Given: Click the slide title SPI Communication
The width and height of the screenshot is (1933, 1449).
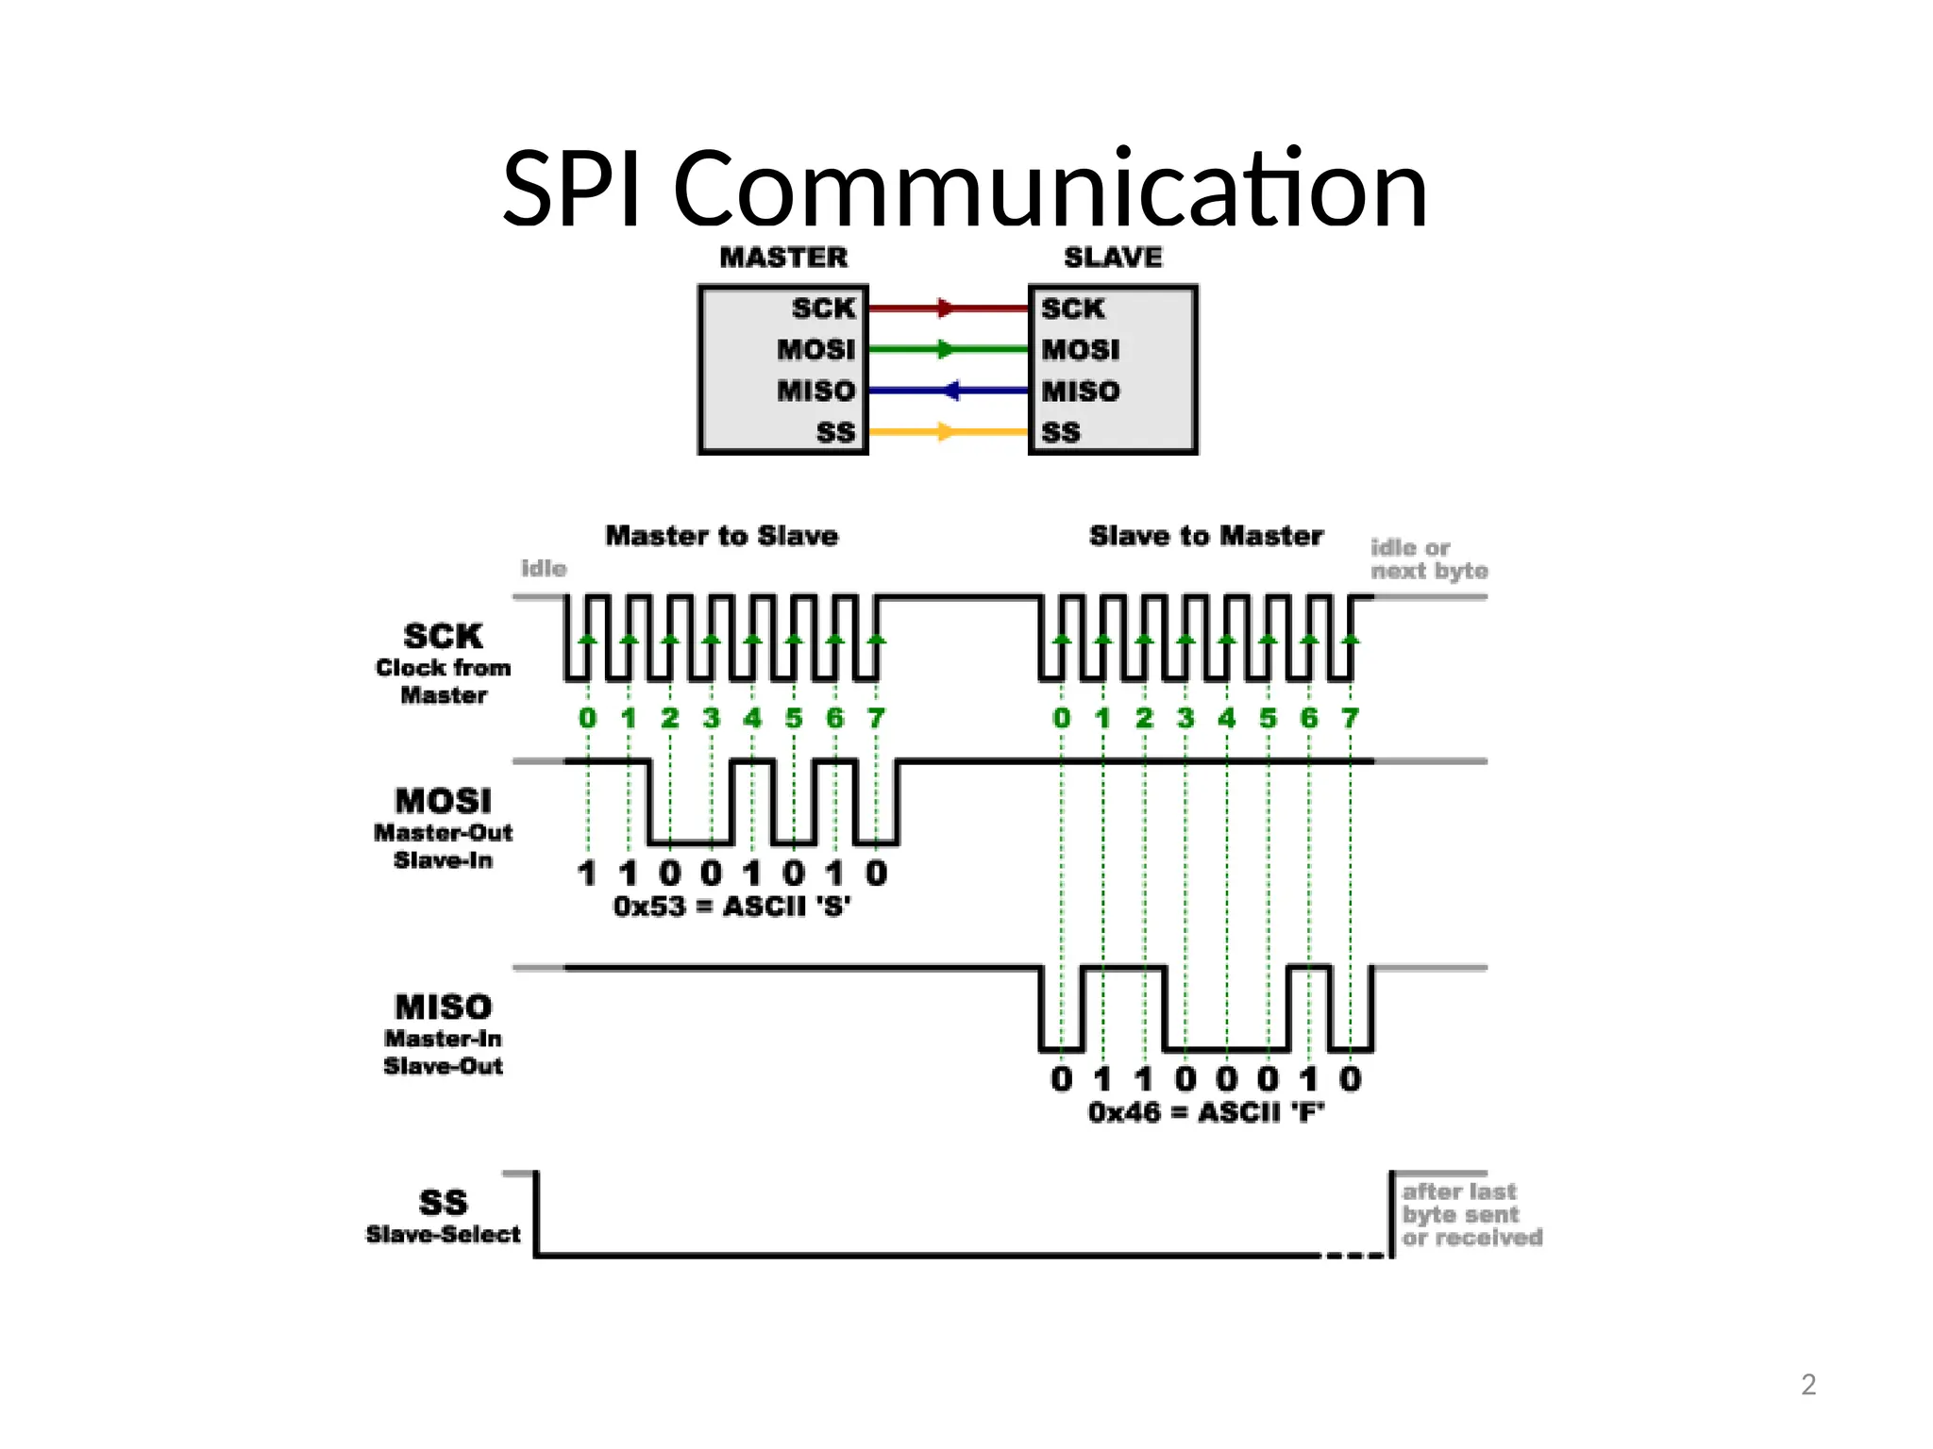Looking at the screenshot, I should (x=965, y=191).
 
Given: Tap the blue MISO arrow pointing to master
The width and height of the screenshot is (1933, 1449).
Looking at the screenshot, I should (x=950, y=391).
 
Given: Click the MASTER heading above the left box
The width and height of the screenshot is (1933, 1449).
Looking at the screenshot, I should (x=783, y=258).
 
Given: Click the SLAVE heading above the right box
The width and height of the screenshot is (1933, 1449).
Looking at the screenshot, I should (x=1113, y=258).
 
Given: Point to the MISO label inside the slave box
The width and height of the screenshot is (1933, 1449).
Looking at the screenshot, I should (x=1081, y=391).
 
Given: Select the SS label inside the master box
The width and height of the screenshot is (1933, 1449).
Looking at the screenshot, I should (x=835, y=433).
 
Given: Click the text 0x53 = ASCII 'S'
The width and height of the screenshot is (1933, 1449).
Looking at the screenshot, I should (x=731, y=907).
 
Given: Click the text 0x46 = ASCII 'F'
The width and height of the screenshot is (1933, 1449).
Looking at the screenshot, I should (x=1205, y=1112).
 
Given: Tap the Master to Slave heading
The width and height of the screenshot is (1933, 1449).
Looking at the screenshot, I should (x=721, y=536).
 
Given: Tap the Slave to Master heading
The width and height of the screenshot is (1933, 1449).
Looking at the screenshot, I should (x=1205, y=536).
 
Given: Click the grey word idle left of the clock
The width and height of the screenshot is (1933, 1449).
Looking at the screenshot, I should (x=544, y=568).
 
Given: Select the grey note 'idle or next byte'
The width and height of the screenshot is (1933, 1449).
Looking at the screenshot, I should (x=1428, y=559).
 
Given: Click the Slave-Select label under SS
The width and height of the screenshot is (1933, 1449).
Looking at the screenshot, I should (x=443, y=1234).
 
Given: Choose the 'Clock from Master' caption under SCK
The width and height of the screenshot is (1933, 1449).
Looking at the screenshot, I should (x=443, y=681).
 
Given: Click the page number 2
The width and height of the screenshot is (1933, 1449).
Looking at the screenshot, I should (x=1807, y=1384).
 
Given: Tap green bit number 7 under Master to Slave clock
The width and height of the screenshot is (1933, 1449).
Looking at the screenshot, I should (x=876, y=718).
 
